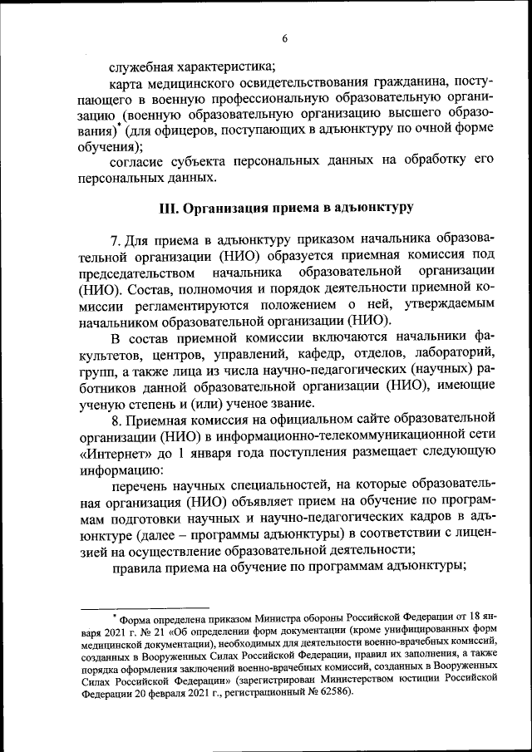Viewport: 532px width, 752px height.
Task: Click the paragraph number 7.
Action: point(116,240)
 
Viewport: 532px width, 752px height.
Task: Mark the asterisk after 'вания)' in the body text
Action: point(119,125)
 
